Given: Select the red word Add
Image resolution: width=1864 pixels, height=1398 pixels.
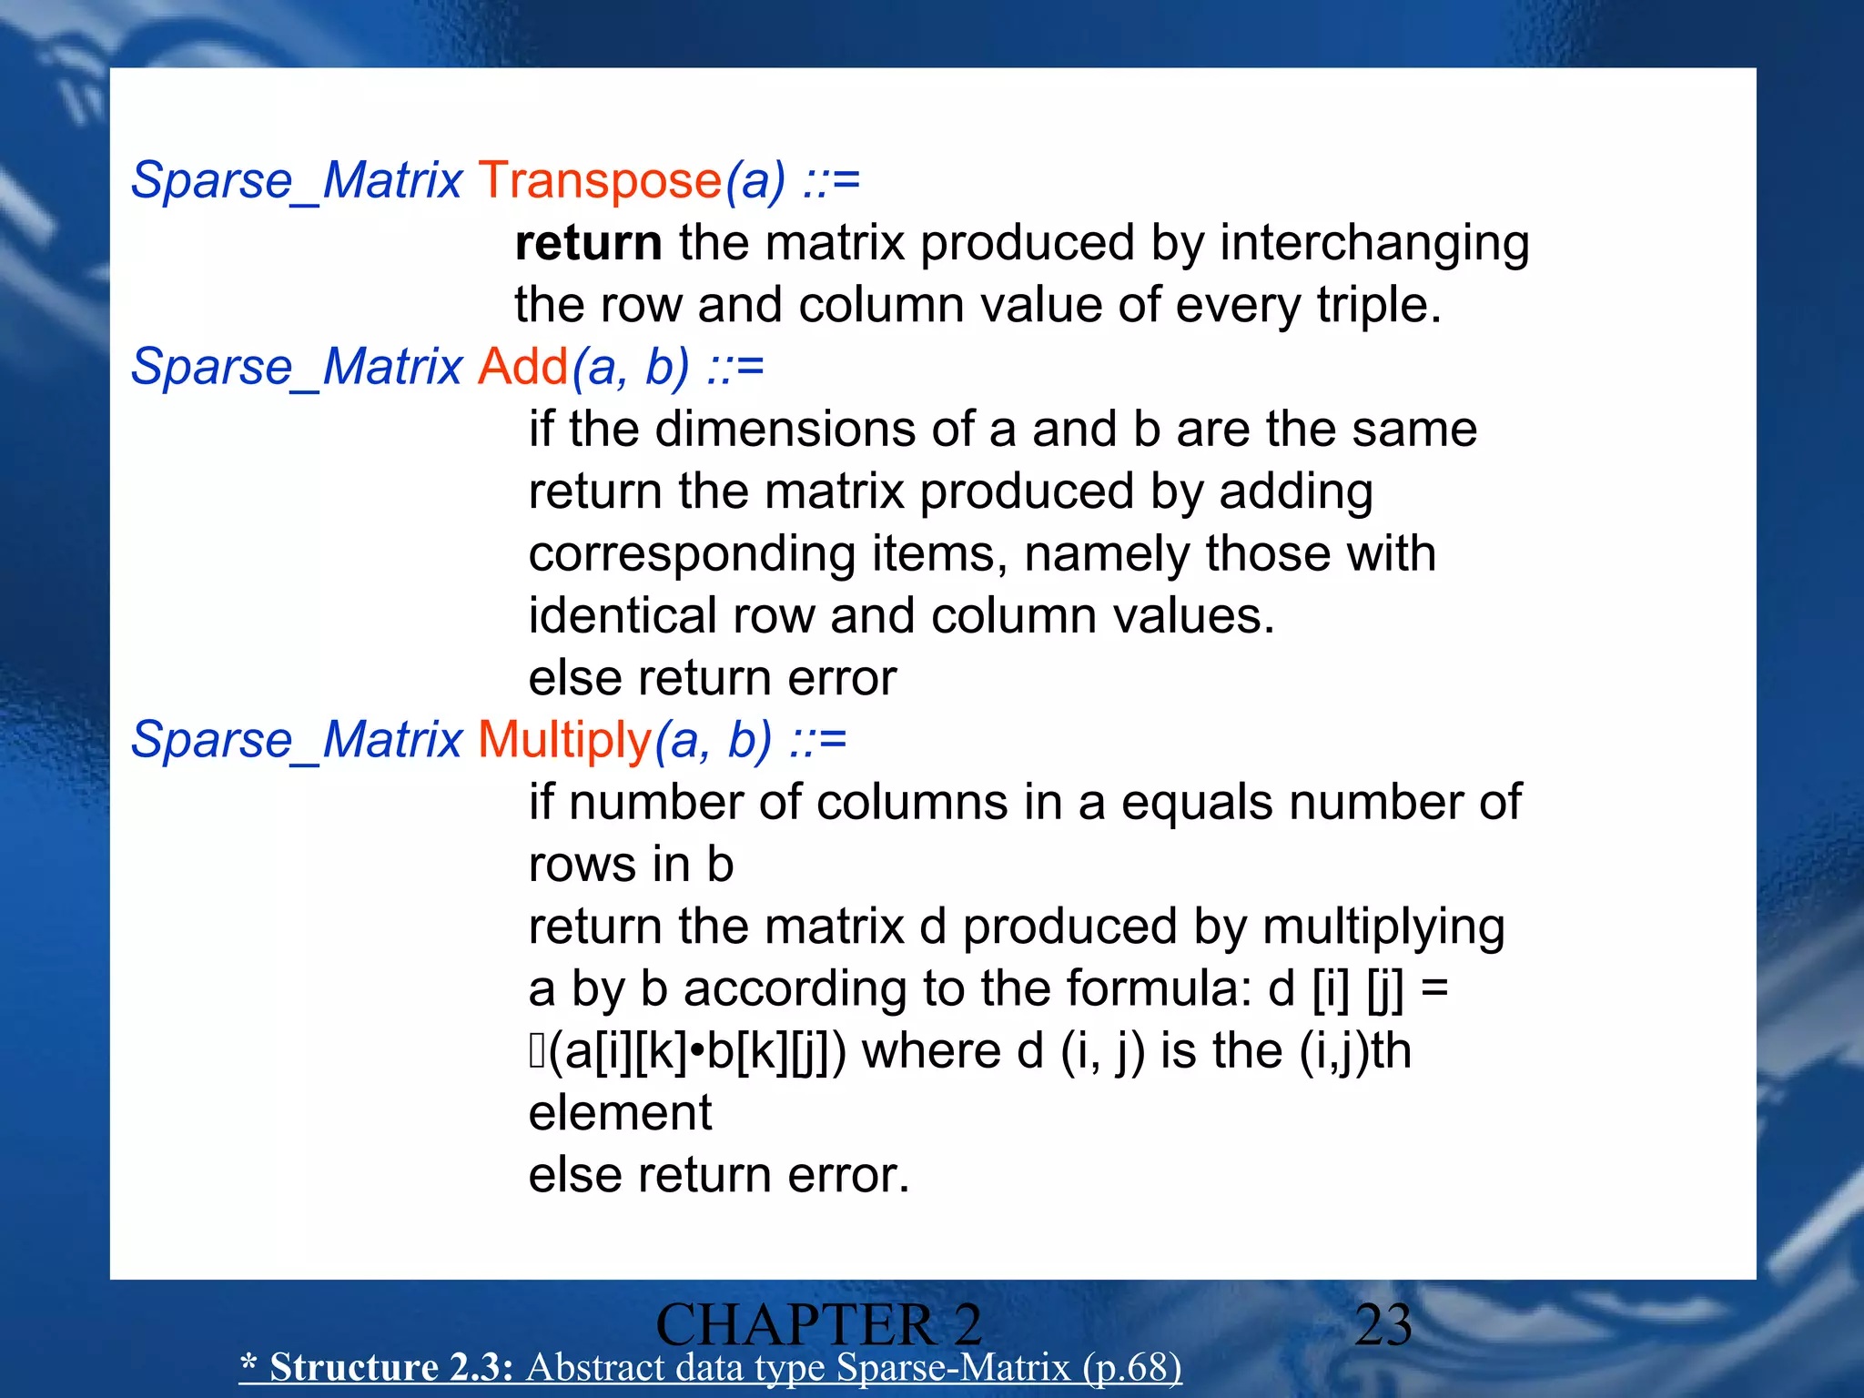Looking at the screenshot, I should pos(523,368).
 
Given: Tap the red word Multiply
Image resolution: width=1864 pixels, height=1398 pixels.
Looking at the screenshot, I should pos(564,740).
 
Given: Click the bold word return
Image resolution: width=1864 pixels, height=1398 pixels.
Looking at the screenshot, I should pos(588,243).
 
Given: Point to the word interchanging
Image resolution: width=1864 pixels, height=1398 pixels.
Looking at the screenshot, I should pos(1374,245).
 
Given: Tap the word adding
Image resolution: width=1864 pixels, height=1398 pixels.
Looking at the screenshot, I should pos(1296,492).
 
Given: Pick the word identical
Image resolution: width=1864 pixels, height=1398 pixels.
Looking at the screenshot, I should pos(622,616).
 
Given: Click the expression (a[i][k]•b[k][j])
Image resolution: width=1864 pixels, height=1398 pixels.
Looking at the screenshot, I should pos(697,1052).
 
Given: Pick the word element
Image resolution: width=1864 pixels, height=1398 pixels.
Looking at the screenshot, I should pos(620,1113).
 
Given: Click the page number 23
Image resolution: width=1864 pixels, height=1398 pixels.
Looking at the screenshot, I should pos(1383,1325).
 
